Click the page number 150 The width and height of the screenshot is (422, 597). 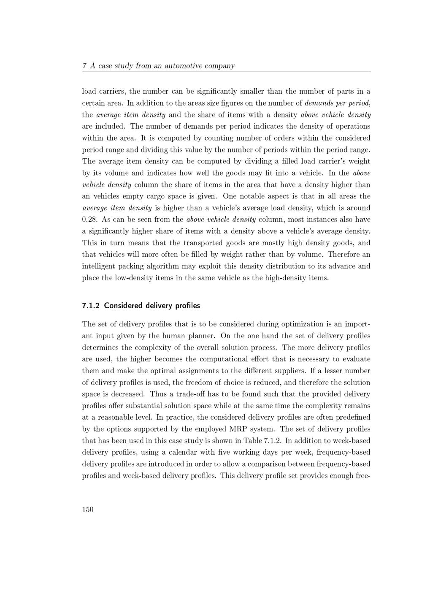[x=87, y=510]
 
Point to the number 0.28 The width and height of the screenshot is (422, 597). [x=89, y=220]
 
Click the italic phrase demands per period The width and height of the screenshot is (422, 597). [x=337, y=103]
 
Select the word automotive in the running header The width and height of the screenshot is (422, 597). [x=183, y=66]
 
